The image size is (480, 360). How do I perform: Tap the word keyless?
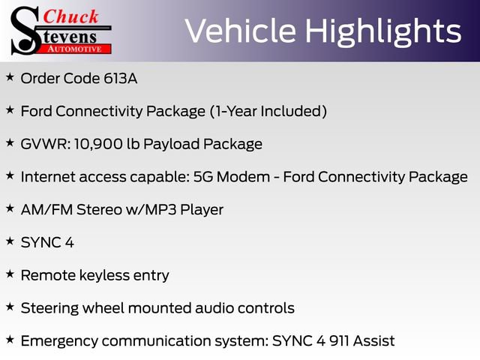point(106,275)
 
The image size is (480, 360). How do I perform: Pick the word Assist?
point(374,341)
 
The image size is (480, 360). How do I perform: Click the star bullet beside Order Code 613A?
point(10,77)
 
